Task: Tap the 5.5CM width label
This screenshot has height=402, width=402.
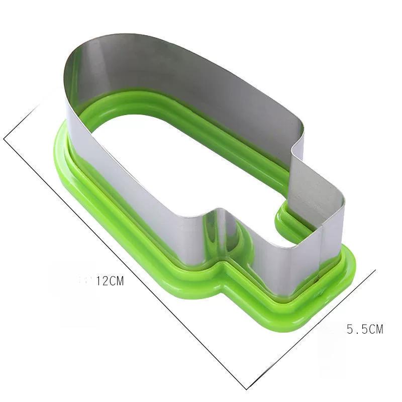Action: (x=365, y=329)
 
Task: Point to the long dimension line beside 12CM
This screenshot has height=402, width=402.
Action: (x=126, y=261)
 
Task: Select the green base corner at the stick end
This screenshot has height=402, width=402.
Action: (x=342, y=281)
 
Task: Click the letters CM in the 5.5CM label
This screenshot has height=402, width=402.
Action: (x=375, y=329)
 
